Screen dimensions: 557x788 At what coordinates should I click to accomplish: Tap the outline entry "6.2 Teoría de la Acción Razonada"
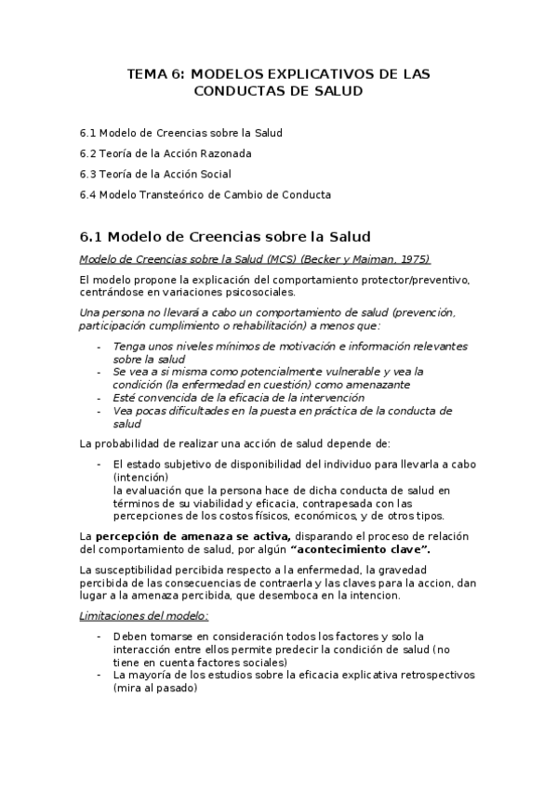[166, 153]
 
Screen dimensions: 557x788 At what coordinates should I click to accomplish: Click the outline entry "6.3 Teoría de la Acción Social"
[155, 174]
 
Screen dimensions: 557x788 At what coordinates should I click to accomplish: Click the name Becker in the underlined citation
[325, 258]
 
